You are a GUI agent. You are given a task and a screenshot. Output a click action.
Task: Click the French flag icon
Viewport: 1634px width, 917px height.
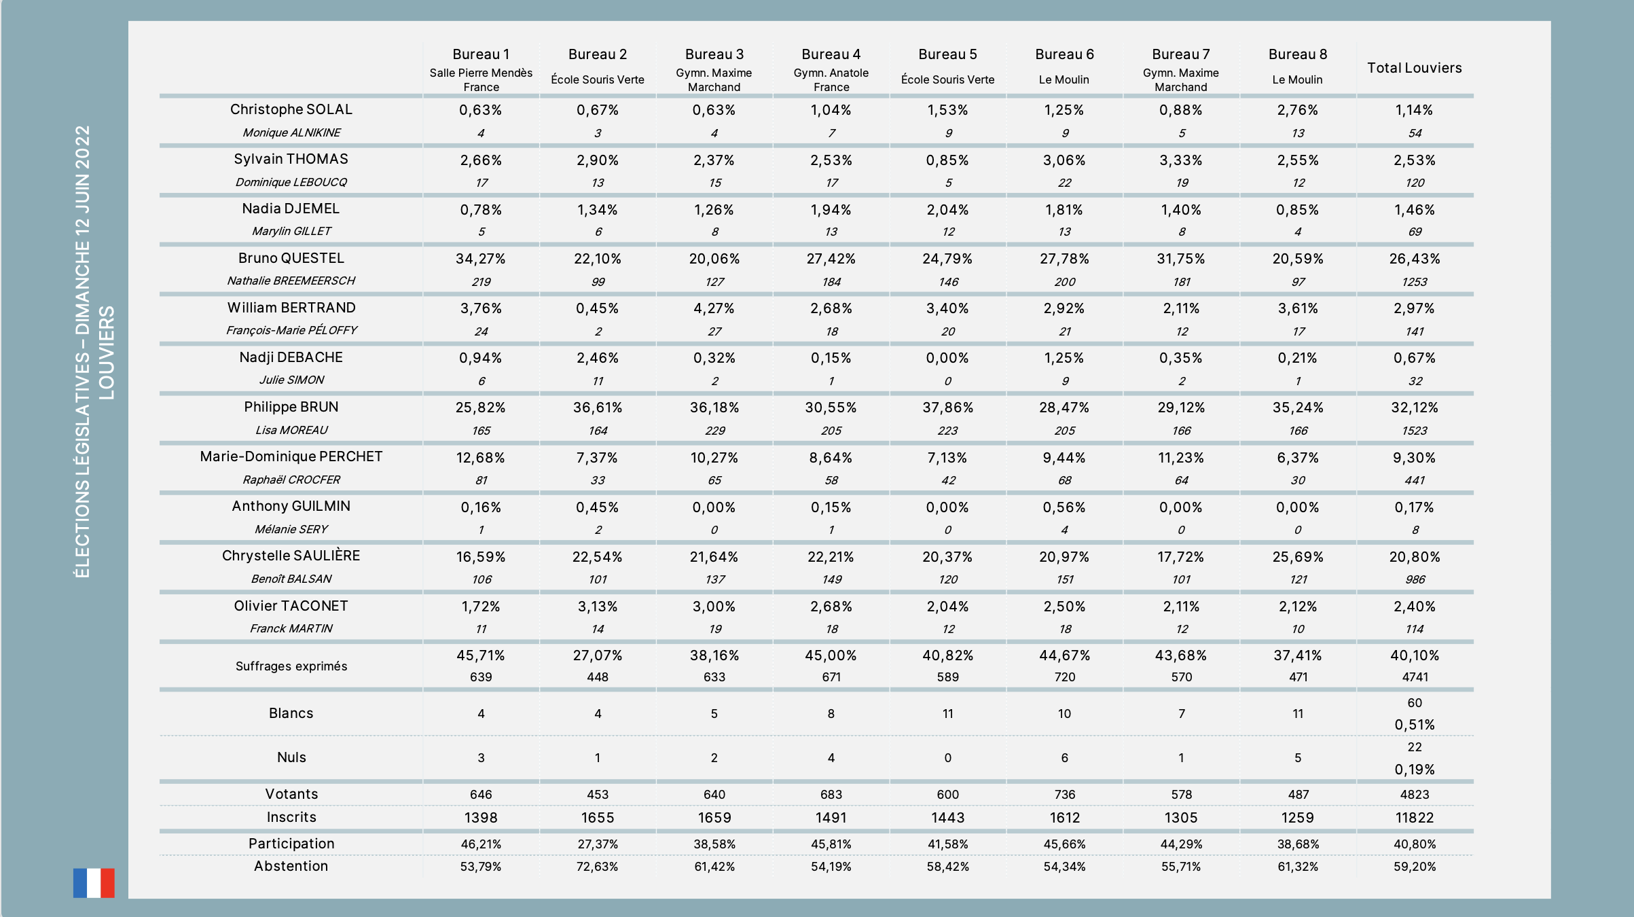tap(94, 882)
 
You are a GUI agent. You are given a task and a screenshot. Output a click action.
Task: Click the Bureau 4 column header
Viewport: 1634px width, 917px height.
tap(831, 54)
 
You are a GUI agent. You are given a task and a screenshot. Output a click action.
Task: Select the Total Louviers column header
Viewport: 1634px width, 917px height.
tap(1414, 68)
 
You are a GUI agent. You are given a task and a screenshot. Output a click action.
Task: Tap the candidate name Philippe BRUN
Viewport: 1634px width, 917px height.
tap(291, 407)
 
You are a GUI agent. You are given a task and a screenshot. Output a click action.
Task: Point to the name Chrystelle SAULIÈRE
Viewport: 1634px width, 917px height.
tap(291, 556)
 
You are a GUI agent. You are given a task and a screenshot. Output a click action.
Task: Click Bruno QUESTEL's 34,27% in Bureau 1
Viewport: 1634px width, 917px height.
tap(481, 259)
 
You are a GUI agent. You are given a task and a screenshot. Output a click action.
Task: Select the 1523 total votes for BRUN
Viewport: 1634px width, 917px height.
tap(1415, 431)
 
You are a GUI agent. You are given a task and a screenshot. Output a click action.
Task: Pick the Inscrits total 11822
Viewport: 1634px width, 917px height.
tap(1415, 818)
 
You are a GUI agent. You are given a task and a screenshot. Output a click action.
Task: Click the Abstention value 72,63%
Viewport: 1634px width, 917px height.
tap(598, 867)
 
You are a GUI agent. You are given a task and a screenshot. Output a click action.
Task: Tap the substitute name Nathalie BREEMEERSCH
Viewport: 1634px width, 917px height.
tap(291, 281)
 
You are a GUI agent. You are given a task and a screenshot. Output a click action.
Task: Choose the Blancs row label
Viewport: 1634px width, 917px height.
tap(291, 713)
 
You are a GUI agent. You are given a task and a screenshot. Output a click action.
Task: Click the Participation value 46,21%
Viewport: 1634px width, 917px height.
tap(481, 844)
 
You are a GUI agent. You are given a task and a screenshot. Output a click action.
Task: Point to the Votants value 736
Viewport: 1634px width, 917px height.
tap(1064, 795)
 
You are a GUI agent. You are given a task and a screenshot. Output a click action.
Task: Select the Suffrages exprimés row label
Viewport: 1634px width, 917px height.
tap(291, 666)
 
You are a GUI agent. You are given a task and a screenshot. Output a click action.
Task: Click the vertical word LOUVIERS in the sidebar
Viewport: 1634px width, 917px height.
tap(107, 353)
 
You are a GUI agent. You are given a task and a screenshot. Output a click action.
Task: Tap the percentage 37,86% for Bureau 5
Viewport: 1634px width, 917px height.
tap(947, 408)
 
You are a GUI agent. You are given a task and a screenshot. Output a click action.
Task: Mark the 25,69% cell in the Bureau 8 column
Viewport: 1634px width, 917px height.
tap(1298, 557)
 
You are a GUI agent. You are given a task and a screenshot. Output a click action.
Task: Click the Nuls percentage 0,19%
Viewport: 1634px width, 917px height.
tap(1415, 770)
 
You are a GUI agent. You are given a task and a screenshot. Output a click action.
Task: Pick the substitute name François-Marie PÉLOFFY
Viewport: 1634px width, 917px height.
tap(291, 330)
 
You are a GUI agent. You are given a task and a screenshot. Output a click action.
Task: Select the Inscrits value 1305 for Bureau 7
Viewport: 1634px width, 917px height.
tap(1181, 818)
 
